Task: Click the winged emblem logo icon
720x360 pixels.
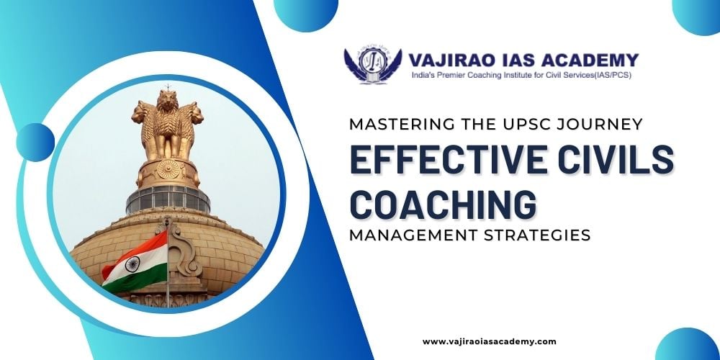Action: click(x=372, y=64)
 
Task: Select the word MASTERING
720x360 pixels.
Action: click(x=394, y=124)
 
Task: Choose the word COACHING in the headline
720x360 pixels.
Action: click(x=443, y=204)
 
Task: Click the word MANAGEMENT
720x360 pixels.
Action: click(x=406, y=235)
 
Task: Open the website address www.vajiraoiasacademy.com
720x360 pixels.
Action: click(x=489, y=341)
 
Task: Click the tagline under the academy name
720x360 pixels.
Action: click(x=521, y=75)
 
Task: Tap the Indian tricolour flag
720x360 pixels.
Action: click(x=135, y=262)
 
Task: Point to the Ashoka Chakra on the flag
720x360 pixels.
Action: click(x=132, y=264)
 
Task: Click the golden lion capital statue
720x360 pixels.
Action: click(x=168, y=124)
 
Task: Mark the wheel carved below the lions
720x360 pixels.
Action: click(x=168, y=169)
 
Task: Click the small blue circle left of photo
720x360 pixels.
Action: click(x=35, y=143)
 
